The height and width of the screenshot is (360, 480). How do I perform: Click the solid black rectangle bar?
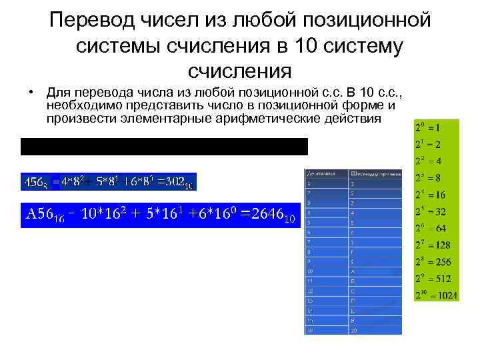point(164,147)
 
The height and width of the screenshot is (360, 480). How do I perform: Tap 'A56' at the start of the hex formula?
point(41,215)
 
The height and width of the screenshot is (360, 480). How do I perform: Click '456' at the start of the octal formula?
point(32,181)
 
